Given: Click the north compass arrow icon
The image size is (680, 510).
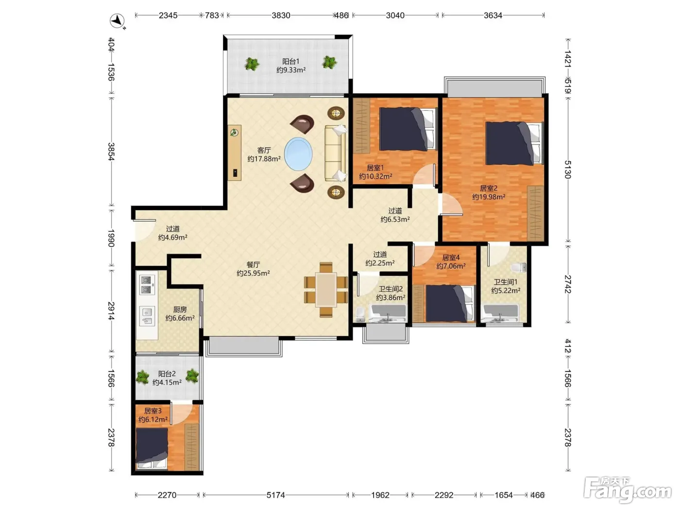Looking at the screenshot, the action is click(x=118, y=21).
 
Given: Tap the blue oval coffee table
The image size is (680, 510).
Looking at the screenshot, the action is click(x=298, y=154).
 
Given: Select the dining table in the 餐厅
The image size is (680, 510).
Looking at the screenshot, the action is click(x=326, y=289).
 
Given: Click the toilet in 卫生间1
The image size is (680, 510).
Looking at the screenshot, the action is click(x=518, y=267).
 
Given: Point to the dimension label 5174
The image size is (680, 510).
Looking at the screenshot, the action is click(x=276, y=495).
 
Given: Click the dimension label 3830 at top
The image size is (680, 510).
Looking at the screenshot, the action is click(x=281, y=15).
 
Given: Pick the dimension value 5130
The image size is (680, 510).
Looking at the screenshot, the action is click(x=567, y=170).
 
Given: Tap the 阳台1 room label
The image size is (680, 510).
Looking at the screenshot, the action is click(x=290, y=61).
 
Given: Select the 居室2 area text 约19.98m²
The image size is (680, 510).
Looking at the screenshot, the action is click(x=489, y=197).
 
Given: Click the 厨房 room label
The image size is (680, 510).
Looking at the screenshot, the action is click(x=180, y=309).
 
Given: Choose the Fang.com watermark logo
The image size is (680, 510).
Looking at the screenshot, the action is click(x=628, y=490).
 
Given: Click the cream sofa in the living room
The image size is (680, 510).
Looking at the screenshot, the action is click(x=335, y=153).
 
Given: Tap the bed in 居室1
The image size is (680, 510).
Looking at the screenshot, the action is click(x=408, y=129).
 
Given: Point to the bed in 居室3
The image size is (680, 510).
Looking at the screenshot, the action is click(x=152, y=448).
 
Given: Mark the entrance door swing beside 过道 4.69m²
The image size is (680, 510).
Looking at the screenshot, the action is click(x=143, y=230).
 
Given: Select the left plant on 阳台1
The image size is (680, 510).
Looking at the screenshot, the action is click(x=252, y=64).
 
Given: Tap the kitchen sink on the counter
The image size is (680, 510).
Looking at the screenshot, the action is click(x=147, y=316).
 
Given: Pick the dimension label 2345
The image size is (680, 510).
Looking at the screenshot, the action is click(x=168, y=15).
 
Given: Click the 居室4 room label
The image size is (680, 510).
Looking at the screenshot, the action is click(x=451, y=257).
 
